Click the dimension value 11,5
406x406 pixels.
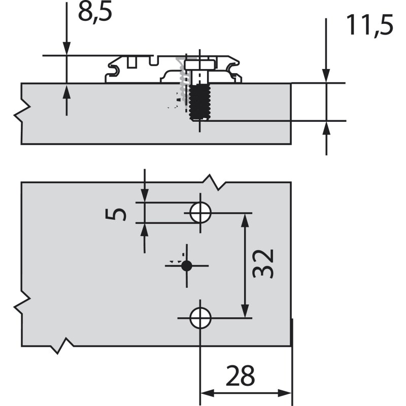coord(370,25)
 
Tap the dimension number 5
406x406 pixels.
coord(116,215)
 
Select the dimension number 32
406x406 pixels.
coord(263,263)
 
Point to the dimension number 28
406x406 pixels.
coord(240,376)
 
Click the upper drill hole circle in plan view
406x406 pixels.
coord(200,213)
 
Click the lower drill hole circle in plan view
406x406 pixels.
coord(200,318)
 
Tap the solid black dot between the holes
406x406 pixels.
coord(187,265)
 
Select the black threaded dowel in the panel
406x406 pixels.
coord(199,102)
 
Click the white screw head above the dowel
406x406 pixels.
coord(199,65)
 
